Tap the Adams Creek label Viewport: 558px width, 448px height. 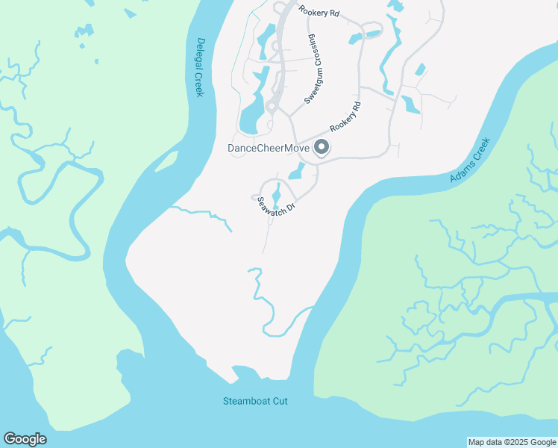click(470, 161)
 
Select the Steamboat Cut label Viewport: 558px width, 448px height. click(255, 401)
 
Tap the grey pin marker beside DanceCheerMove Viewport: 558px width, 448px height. click(322, 148)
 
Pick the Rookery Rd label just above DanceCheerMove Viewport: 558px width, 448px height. click(345, 116)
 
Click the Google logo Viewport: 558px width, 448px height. click(25, 439)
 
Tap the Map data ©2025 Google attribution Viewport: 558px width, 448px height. click(512, 442)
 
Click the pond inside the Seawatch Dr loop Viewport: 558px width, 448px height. click(277, 195)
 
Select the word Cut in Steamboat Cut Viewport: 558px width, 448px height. click(279, 401)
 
